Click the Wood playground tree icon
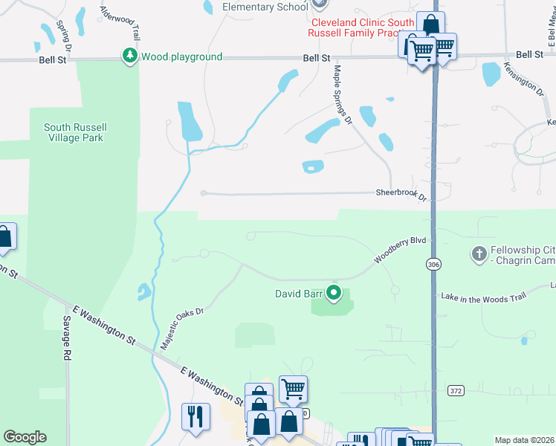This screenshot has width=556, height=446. coord(130,56)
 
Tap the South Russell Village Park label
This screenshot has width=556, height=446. coord(73,132)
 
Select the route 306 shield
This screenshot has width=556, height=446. coord(433,264)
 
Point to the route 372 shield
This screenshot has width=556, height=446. coord(456,390)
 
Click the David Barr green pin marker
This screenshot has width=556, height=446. coord(334,294)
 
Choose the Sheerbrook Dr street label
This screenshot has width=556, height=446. coord(401,195)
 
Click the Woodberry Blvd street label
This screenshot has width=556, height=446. coord(399,249)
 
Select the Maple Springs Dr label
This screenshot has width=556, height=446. coord(342,95)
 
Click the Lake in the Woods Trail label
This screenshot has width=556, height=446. coord(483,297)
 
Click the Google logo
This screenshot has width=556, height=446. coord(25,437)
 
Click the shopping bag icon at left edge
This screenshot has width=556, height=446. coord(4,237)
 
